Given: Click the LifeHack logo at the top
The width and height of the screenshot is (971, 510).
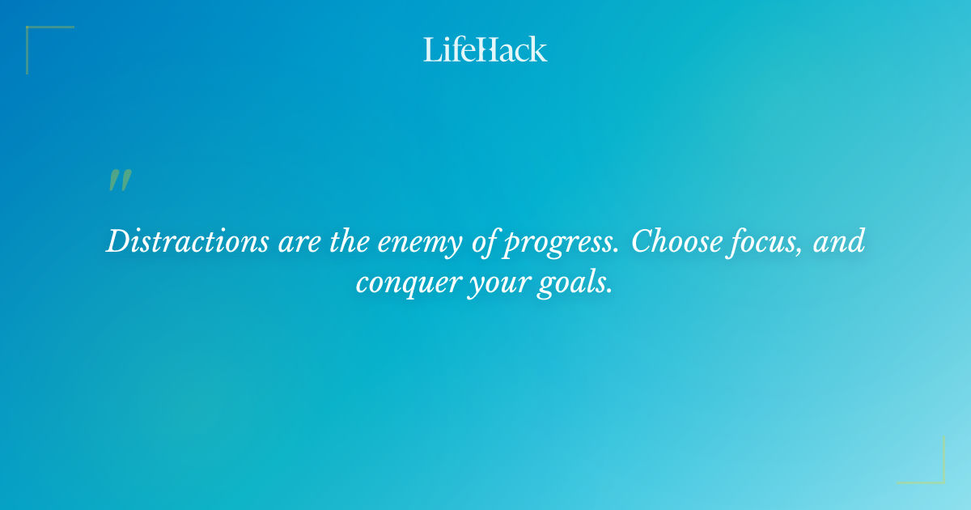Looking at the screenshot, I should (485, 49).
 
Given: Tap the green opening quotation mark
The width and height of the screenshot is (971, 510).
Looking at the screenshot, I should (119, 181).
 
